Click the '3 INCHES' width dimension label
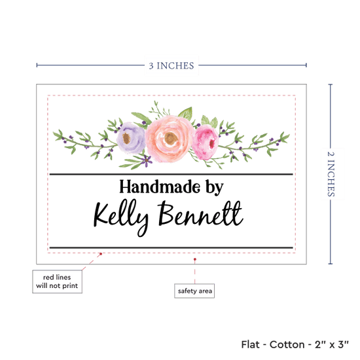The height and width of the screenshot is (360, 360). pos(171,65)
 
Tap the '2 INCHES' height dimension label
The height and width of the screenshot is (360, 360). pos(331,174)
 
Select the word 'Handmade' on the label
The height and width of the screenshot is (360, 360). pos(160,187)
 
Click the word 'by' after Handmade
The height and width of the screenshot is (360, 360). pos(215,188)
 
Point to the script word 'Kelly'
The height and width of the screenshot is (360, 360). pos(121,217)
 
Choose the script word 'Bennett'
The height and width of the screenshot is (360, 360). pos(200,213)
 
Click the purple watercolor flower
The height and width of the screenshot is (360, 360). pos(130,137)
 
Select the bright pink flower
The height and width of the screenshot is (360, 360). pos(206,142)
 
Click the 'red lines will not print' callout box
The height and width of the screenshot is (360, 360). pos(57,281)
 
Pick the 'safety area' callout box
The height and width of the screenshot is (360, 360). pos(194,291)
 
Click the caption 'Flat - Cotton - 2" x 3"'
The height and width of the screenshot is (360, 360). pos(295,344)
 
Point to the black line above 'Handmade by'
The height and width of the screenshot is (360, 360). pos(171,175)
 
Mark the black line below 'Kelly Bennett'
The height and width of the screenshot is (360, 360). pos(171,247)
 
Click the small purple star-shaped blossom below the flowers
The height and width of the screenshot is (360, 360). pos(146,160)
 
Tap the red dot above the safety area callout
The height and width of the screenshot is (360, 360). pos(194,259)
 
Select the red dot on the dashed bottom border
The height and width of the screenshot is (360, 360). pos(101,254)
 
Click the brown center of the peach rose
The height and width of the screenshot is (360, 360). pos(171,138)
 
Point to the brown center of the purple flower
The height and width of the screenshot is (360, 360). pos(126,138)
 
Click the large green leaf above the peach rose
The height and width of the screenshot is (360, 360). pos(186,113)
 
